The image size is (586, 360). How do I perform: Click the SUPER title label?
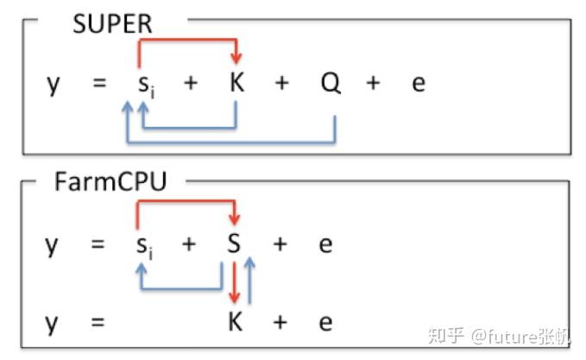112,23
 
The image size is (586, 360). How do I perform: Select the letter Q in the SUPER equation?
331,84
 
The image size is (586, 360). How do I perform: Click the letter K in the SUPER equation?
236,84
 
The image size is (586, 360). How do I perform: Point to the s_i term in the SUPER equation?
146,85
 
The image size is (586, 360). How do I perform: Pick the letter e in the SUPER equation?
418,85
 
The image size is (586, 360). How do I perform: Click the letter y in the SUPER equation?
54,85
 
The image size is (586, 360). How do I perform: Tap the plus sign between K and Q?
282,84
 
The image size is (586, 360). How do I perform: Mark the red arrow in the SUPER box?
186,40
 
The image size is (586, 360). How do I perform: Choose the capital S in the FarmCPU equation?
234,244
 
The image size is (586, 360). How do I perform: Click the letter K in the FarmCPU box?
236,322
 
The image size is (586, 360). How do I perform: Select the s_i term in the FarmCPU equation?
146,246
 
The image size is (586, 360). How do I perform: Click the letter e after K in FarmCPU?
325,322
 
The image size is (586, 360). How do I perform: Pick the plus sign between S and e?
280,244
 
